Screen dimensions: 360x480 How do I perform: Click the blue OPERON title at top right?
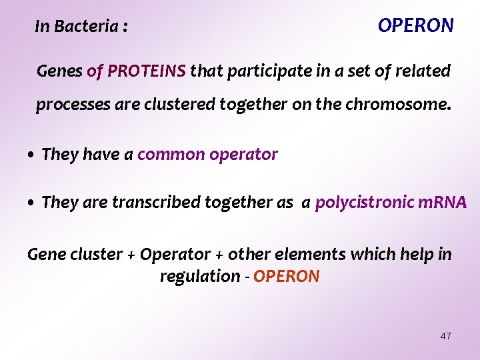pyautogui.click(x=415, y=25)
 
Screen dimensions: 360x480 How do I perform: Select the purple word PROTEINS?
pyautogui.click(x=147, y=71)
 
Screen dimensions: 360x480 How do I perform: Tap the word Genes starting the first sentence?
pyautogui.click(x=59, y=71)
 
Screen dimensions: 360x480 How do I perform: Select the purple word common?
pyautogui.click(x=171, y=155)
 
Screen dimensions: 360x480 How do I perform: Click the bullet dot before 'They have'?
pyautogui.click(x=31, y=155)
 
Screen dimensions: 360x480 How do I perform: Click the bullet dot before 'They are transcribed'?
pyautogui.click(x=31, y=203)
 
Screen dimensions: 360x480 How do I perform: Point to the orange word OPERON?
pyautogui.click(x=287, y=276)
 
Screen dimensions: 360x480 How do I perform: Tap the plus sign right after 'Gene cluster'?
pyautogui.click(x=131, y=255)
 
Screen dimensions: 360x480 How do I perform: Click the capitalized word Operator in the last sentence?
pyautogui.click(x=175, y=255)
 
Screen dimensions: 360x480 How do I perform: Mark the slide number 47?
pyautogui.click(x=445, y=336)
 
